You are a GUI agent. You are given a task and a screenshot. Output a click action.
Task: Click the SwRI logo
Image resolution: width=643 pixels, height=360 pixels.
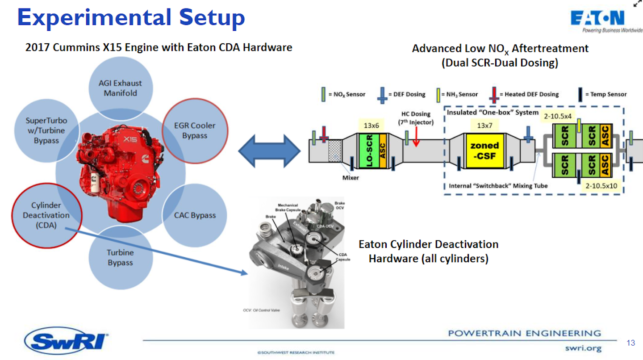pyautogui.click(x=67, y=342)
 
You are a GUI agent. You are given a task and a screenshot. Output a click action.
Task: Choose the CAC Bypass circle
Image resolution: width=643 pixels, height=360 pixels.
pyautogui.click(x=195, y=215)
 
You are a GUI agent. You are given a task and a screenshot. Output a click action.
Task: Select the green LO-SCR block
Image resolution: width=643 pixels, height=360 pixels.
pyautogui.click(x=369, y=151)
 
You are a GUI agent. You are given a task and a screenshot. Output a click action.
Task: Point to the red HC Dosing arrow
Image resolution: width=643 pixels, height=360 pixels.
pyautogui.click(x=416, y=137)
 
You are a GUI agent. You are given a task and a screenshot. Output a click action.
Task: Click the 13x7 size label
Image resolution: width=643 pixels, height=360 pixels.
pyautogui.click(x=484, y=126)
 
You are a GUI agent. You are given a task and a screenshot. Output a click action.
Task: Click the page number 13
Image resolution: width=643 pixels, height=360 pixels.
pyautogui.click(x=630, y=343)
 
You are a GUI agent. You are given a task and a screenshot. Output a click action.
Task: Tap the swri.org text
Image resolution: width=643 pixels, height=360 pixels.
pyautogui.click(x=583, y=348)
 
